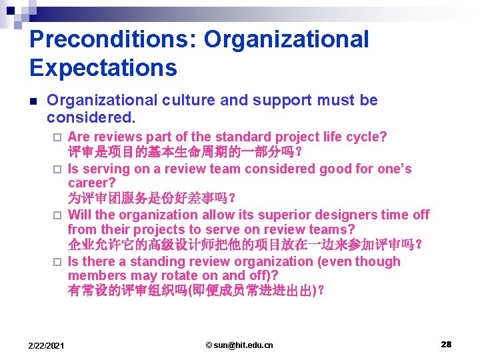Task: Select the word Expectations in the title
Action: coord(103,67)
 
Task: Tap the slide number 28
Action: coord(446,344)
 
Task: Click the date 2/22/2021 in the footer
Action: coord(47,345)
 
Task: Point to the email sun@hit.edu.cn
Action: coord(239,345)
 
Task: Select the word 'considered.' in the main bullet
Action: coord(91,118)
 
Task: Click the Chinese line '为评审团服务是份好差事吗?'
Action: coord(151,198)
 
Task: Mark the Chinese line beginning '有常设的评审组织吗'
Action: coord(197,291)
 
